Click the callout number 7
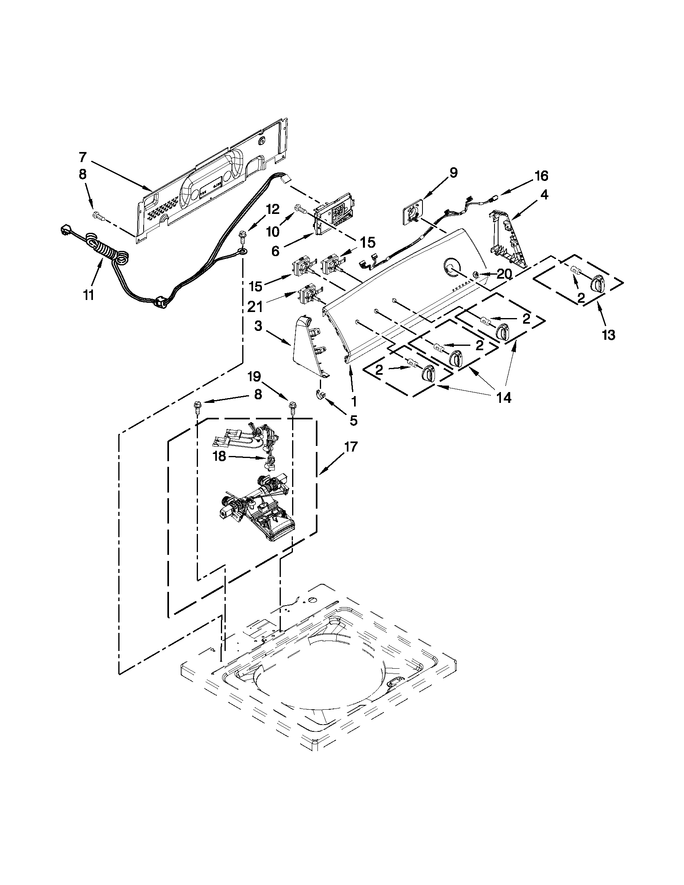[x=83, y=157]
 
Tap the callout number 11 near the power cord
[x=89, y=295]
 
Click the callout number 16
[x=541, y=176]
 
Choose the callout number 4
[x=544, y=195]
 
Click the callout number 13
[x=609, y=335]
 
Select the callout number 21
[x=255, y=307]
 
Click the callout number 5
[x=354, y=421]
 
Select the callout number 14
[x=505, y=398]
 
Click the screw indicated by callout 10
[x=300, y=209]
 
